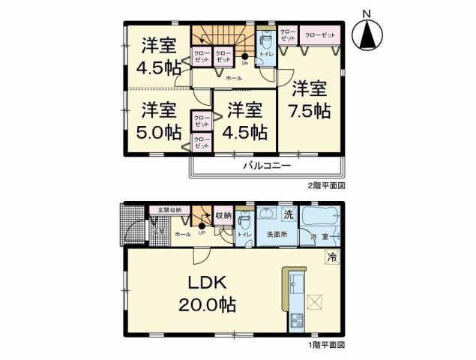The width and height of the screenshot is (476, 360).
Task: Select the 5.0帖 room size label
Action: [x=159, y=132]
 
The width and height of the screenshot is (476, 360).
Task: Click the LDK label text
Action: [x=202, y=283]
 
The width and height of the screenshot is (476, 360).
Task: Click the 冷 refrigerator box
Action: [x=331, y=257]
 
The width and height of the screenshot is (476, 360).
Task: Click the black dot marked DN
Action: [x=245, y=57]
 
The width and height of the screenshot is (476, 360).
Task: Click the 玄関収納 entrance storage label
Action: [x=164, y=211]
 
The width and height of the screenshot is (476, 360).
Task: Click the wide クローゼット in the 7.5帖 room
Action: [x=320, y=34]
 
